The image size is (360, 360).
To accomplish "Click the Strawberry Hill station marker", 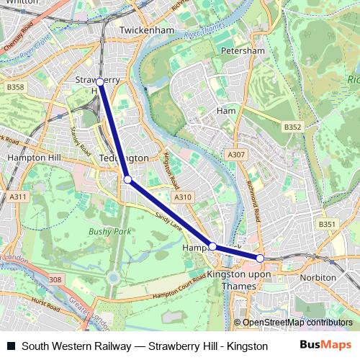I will (x=100, y=82).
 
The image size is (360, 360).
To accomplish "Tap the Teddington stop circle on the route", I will (x=127, y=179).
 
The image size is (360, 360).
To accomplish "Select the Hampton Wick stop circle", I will (x=212, y=246).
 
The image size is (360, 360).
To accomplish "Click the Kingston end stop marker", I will (x=260, y=258).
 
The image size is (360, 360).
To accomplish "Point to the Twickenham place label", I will (x=147, y=31).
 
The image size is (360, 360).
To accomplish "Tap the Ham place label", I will (x=226, y=111).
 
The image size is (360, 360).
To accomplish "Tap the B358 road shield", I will (x=15, y=87).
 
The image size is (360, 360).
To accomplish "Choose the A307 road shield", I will (x=236, y=155).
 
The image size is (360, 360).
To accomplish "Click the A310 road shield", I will (x=183, y=196).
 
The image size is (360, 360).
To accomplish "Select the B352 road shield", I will (x=292, y=127).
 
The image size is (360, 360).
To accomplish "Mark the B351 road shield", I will (x=328, y=225).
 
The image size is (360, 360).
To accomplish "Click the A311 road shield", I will (x=18, y=197).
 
